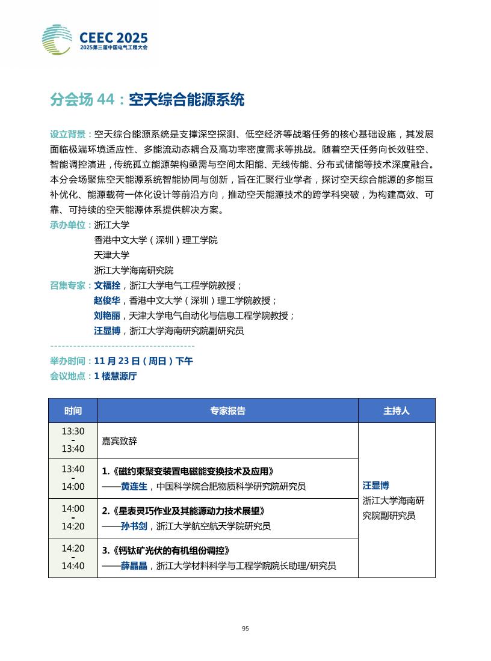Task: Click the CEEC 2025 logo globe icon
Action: click(57, 40)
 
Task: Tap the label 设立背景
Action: click(69, 134)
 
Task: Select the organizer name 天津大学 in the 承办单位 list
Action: click(111, 255)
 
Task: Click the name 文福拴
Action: click(107, 285)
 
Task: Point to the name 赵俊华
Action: click(107, 300)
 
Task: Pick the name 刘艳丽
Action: click(107, 315)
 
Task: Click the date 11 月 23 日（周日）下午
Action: click(143, 361)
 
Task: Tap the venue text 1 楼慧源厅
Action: click(116, 376)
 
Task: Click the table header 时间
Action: click(73, 411)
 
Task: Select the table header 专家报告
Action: click(227, 411)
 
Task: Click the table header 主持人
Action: click(396, 411)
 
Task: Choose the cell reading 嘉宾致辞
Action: click(120, 441)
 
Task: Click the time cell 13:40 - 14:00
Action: click(73, 478)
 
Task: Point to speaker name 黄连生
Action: click(134, 487)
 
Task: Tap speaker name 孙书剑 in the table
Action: click(134, 526)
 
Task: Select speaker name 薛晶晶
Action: click(134, 566)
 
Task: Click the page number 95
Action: click(245, 629)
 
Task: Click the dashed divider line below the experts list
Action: click(122, 346)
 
